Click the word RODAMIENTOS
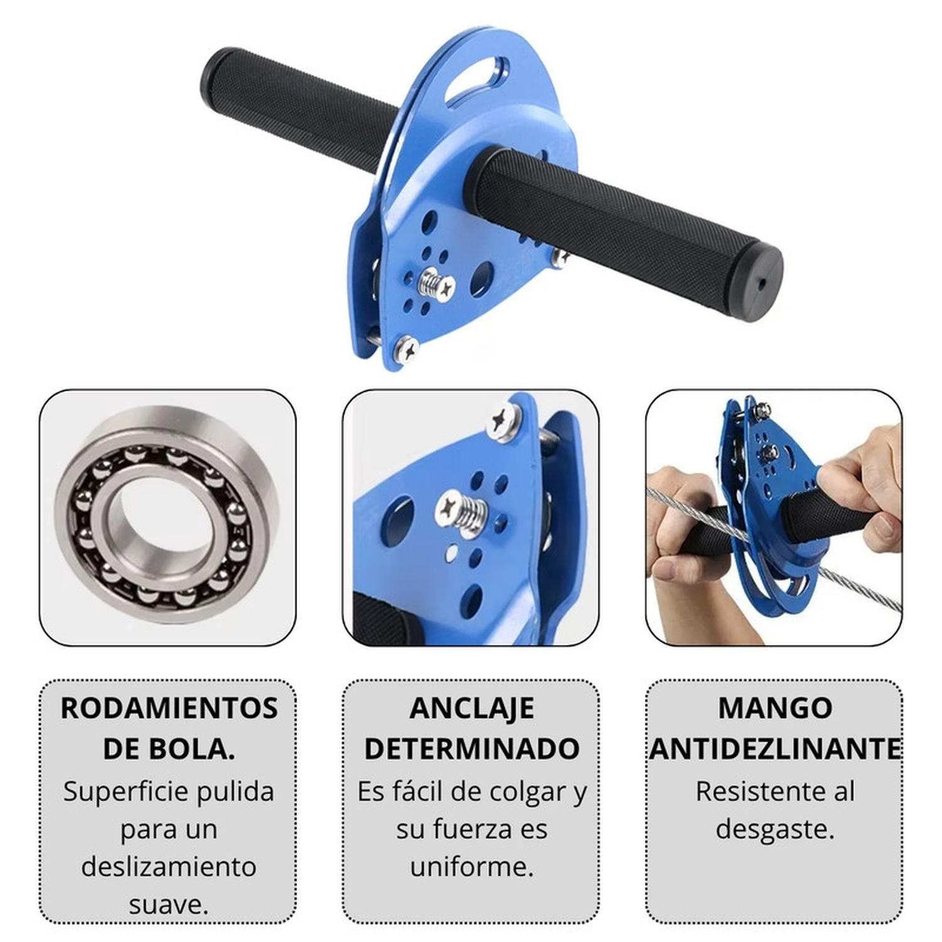click(169, 708)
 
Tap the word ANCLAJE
click(472, 708)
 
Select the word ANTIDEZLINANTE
click(775, 749)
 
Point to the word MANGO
click(775, 708)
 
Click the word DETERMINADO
click(472, 749)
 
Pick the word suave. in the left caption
click(169, 905)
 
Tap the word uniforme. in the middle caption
click(472, 867)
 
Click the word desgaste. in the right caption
click(775, 830)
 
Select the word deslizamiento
click(169, 867)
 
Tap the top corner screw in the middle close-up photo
click(504, 420)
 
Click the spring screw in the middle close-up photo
click(461, 509)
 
